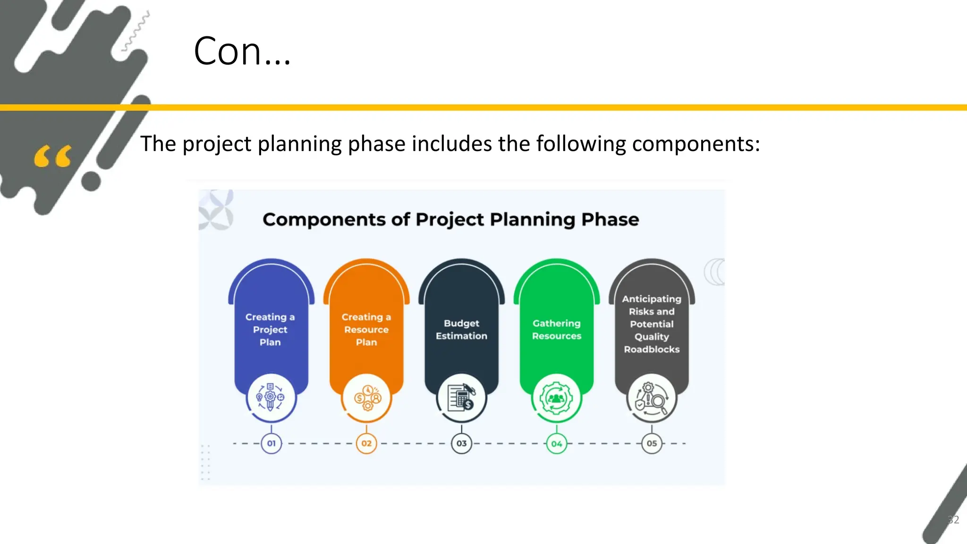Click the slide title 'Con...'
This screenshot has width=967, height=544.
tap(242, 51)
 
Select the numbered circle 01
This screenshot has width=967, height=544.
tap(271, 443)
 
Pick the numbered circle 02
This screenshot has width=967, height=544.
tap(366, 443)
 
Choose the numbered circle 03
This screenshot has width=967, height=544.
tap(461, 443)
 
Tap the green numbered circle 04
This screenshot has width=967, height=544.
tap(557, 443)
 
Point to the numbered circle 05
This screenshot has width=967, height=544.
tap(652, 443)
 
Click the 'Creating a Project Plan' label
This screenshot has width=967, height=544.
tap(270, 330)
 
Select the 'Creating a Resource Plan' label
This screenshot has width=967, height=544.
tap(366, 330)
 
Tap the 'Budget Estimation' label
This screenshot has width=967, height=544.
tap(461, 330)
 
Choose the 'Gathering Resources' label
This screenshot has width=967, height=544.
tap(557, 330)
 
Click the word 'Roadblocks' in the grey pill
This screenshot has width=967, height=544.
tap(652, 349)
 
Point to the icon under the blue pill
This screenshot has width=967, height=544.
tap(271, 398)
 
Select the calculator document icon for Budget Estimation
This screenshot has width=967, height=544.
tap(461, 398)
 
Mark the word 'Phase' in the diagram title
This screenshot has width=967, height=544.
tap(610, 220)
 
